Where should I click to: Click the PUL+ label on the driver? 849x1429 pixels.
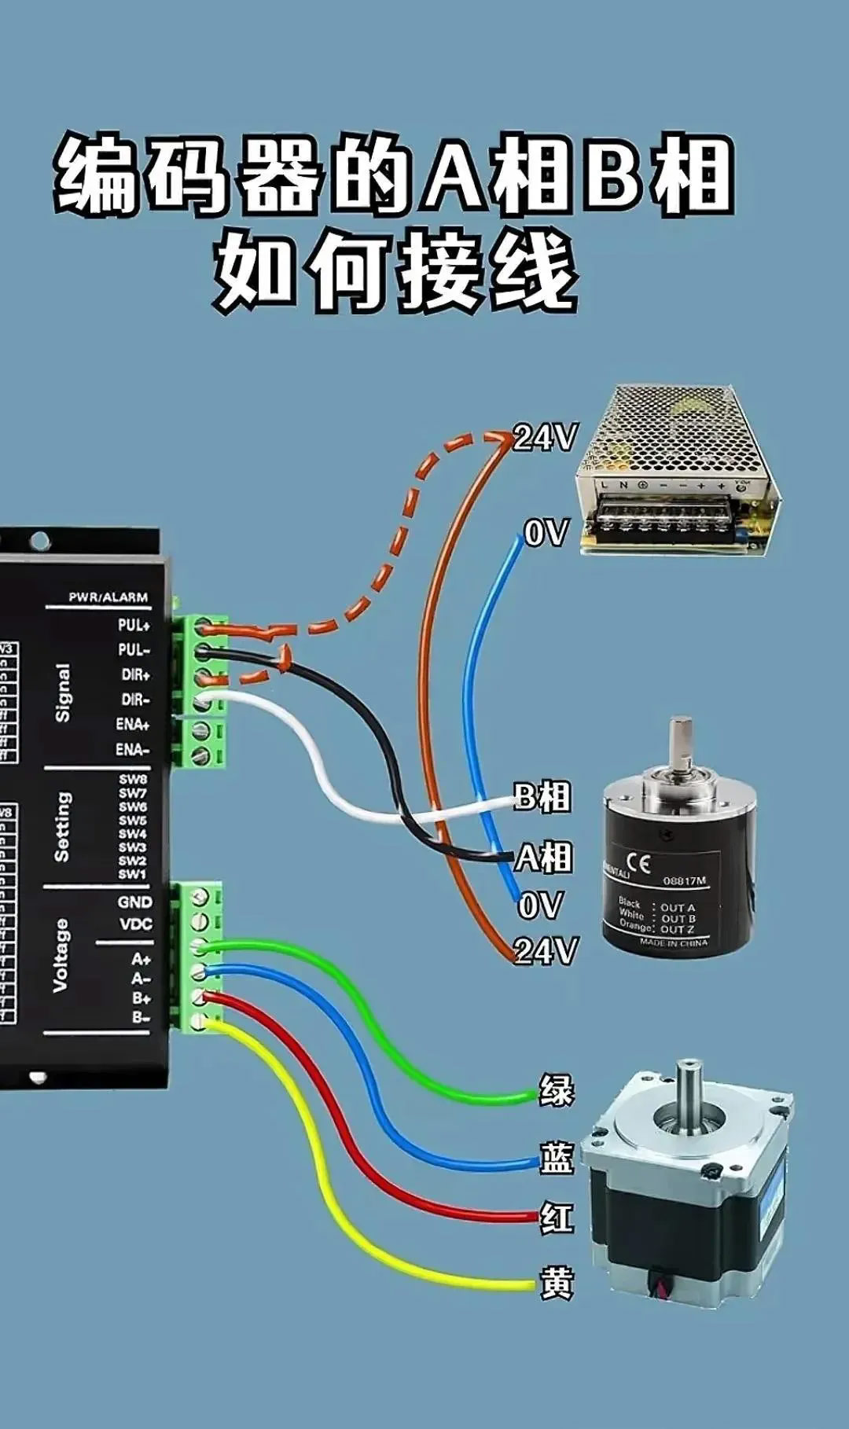coord(134,626)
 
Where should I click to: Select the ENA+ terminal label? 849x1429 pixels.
coord(133,725)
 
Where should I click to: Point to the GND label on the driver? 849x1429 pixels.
coord(135,902)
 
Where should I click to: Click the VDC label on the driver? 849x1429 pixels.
coord(136,924)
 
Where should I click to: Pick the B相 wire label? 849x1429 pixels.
coord(542,797)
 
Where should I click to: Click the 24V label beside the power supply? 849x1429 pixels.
coord(545,438)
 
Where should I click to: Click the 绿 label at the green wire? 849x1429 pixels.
coord(556,1091)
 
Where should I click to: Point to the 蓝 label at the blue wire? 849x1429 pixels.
coord(556,1158)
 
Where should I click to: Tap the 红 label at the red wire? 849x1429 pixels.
coord(556,1218)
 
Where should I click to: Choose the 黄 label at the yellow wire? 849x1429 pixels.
coord(556,1283)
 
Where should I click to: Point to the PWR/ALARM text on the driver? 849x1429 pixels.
coord(108,597)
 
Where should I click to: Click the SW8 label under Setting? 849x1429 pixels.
coord(133,780)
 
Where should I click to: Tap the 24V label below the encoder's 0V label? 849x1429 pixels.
coord(546,951)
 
